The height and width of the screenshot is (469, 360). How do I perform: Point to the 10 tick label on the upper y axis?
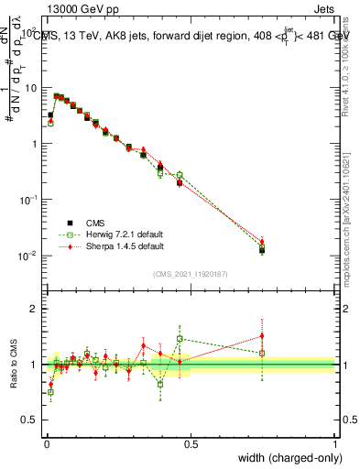[30, 88]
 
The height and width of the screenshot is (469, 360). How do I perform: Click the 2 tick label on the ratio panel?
[35, 309]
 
